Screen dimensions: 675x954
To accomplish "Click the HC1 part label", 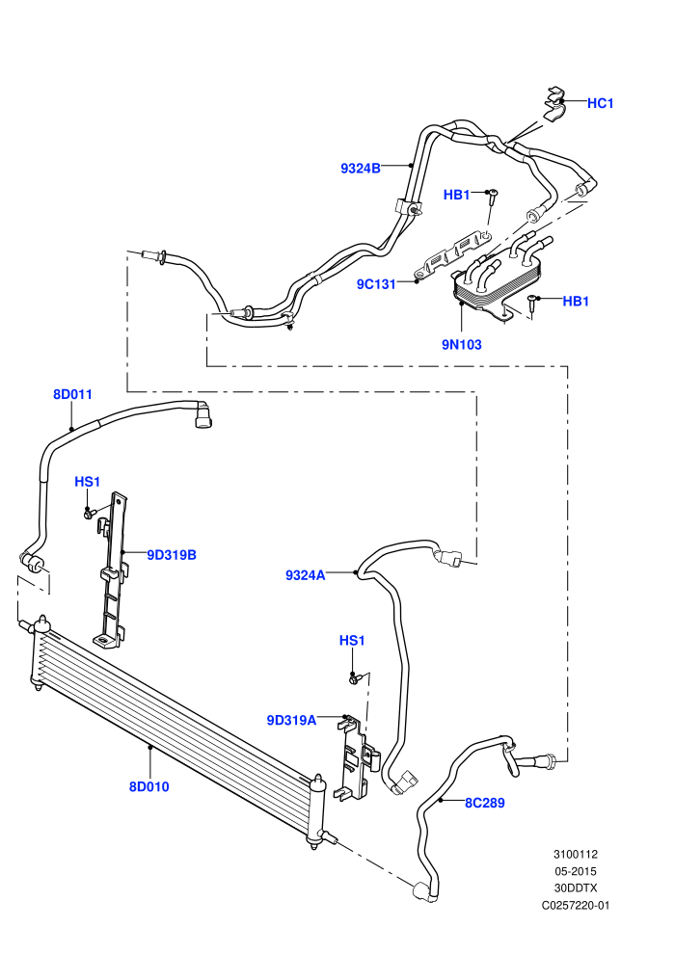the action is pyautogui.click(x=600, y=103).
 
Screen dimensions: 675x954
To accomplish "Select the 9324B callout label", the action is pyautogui.click(x=361, y=169).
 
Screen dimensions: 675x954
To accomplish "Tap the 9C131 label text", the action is pyautogui.click(x=376, y=284).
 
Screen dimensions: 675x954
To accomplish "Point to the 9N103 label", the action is pyautogui.click(x=461, y=344).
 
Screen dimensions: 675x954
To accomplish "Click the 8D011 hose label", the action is pyautogui.click(x=72, y=394).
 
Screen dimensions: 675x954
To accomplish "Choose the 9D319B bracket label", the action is pyautogui.click(x=172, y=555).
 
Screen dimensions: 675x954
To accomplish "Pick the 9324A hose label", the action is pyautogui.click(x=306, y=575).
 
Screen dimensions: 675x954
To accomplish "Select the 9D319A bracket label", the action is pyautogui.click(x=291, y=721).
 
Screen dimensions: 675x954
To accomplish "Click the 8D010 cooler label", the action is pyautogui.click(x=149, y=786).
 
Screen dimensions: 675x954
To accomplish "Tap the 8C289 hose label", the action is pyautogui.click(x=485, y=803).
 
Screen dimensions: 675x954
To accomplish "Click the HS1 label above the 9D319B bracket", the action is pyautogui.click(x=87, y=482).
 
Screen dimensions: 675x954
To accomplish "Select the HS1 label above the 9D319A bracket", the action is pyautogui.click(x=352, y=641).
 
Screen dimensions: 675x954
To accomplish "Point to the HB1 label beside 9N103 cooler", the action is pyautogui.click(x=576, y=302).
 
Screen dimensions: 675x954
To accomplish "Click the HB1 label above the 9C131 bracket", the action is pyautogui.click(x=456, y=195).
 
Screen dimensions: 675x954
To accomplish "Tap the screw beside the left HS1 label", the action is pyautogui.click(x=89, y=515).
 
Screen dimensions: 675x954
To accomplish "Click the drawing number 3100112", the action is pyautogui.click(x=575, y=854).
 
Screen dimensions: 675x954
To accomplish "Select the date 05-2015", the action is pyautogui.click(x=575, y=871).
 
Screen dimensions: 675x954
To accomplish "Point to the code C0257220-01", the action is pyautogui.click(x=575, y=905).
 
